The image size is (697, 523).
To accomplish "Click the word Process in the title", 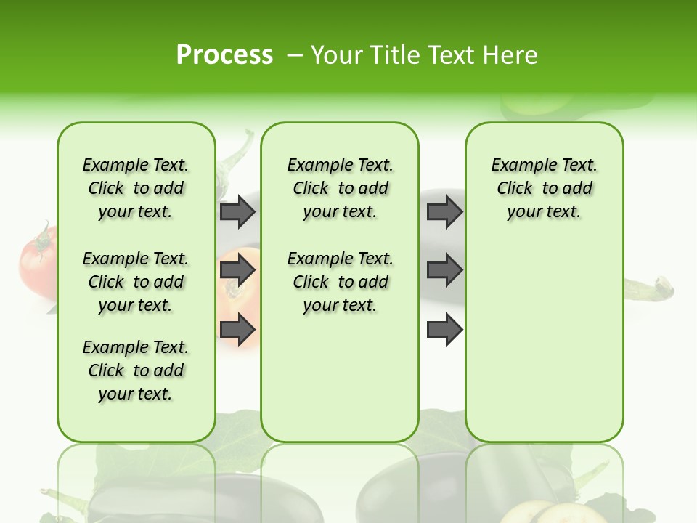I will point(224,55).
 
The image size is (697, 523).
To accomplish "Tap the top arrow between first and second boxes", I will point(237,211).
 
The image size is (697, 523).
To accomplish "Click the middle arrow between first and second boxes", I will point(237,271).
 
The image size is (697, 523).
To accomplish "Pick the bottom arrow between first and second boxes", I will point(237,330).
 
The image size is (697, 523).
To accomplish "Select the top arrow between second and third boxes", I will point(444,211).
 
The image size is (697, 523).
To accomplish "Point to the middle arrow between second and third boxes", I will point(444,271).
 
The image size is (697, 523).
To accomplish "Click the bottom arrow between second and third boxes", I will point(444,330).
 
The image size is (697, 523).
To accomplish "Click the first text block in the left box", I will point(136,188).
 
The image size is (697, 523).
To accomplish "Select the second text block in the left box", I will point(136,282).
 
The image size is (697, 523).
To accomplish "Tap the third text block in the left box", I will point(136,370).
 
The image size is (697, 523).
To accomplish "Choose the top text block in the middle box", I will point(340,188).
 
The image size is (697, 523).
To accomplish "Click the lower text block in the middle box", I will point(340,282).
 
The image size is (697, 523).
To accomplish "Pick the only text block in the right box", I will point(544,188).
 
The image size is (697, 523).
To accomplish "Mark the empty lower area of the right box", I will point(544,349).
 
